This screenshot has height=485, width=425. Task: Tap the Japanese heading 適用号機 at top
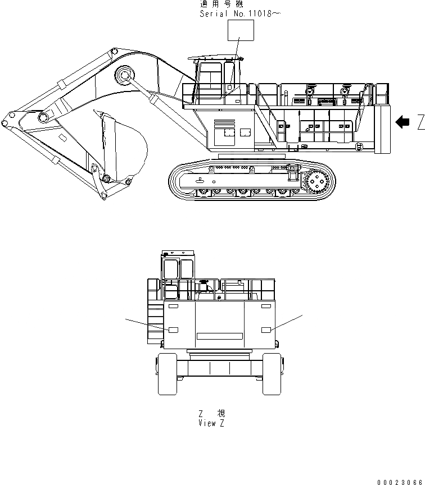pyautogui.click(x=222, y=4)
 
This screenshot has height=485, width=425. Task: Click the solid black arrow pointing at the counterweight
pyautogui.click(x=403, y=122)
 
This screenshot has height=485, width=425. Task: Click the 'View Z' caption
pyautogui.click(x=211, y=423)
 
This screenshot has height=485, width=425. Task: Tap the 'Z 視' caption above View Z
pyautogui.click(x=212, y=414)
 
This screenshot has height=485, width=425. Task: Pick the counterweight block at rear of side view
pyautogui.click(x=382, y=129)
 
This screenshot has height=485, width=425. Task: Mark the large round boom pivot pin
pyautogui.click(x=124, y=75)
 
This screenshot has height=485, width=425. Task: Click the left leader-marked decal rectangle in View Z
pyautogui.click(x=173, y=330)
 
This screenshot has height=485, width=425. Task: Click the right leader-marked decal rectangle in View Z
pyautogui.click(x=266, y=330)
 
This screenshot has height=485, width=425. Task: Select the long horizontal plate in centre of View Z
pyautogui.click(x=219, y=336)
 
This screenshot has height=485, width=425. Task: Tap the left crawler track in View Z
pyautogui.click(x=167, y=373)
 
